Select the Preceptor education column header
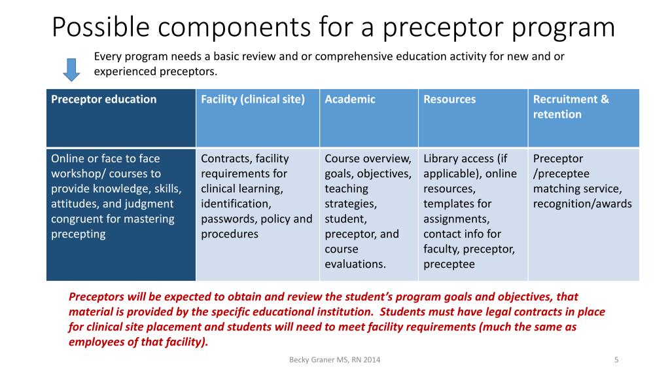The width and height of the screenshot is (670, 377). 104,99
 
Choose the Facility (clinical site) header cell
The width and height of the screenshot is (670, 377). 253,99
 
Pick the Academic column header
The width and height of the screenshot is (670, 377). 350,99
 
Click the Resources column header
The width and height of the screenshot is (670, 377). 450,99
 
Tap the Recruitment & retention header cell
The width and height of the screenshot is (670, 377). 571,107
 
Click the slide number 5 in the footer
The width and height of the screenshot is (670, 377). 616,360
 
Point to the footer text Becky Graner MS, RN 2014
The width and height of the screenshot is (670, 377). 334,360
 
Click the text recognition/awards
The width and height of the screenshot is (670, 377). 582,204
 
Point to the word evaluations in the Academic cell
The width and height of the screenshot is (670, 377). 355,264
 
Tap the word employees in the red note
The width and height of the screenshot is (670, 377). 94,342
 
